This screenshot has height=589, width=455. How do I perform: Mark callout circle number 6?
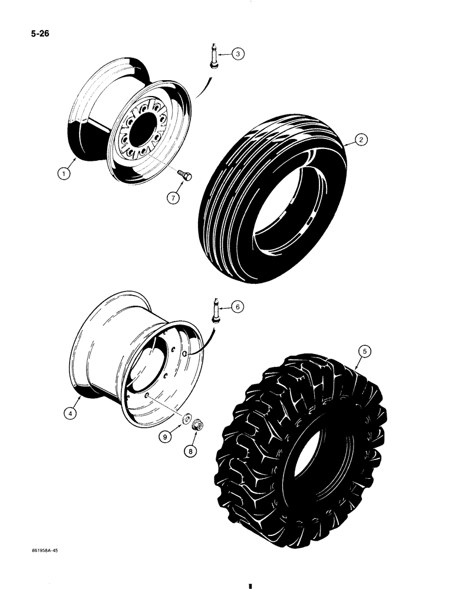238,306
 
